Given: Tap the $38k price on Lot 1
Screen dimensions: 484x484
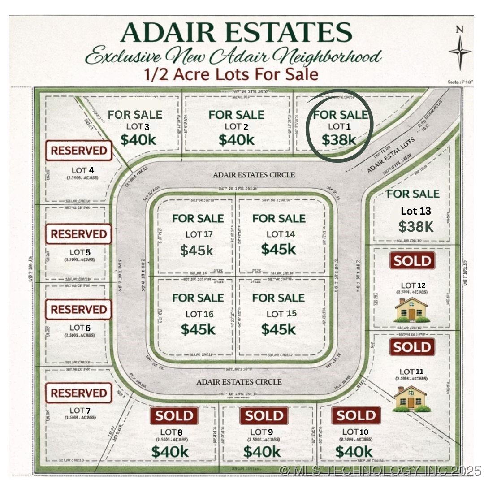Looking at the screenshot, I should [x=339, y=140].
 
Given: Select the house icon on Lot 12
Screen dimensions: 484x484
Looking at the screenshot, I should [x=411, y=310].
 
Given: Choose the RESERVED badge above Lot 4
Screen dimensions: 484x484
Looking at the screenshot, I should [x=78, y=151].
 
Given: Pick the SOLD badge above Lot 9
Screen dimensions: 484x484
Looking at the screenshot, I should [x=264, y=416].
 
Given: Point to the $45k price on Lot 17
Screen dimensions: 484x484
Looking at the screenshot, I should [x=197, y=250].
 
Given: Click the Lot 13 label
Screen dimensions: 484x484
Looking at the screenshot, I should [x=415, y=211].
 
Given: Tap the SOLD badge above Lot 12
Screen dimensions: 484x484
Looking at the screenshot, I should [x=412, y=261].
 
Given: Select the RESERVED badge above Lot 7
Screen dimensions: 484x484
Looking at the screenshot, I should [x=78, y=393].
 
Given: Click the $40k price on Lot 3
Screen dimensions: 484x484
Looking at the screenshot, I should [x=138, y=140].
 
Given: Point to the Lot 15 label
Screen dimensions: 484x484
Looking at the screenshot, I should [x=281, y=314].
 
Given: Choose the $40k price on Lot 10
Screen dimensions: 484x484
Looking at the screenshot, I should [x=354, y=451].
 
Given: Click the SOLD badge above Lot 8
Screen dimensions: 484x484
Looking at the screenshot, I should [x=174, y=416].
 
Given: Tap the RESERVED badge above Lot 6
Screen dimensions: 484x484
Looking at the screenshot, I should [x=78, y=310].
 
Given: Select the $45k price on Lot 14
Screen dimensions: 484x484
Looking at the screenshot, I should [x=278, y=249].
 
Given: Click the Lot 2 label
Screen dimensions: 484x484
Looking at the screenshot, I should [x=236, y=127].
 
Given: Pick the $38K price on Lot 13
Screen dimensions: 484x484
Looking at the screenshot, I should [x=416, y=227].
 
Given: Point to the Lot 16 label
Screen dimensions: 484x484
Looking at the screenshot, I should [x=199, y=314].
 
